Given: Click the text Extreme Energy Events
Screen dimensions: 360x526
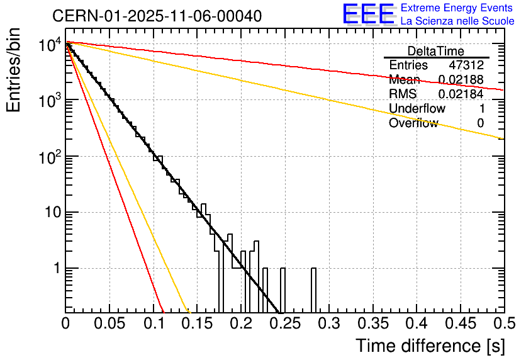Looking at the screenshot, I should tap(457, 8).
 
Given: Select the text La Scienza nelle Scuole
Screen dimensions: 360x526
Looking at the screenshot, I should tap(457, 21).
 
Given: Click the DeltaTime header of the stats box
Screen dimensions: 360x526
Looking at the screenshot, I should tap(436, 51).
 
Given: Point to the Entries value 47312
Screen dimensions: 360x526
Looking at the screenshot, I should tap(466, 65).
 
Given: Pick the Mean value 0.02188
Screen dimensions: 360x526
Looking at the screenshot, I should tap(461, 80).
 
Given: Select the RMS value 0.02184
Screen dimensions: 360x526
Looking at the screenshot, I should tap(461, 94).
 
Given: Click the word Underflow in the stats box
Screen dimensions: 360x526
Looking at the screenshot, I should tap(417, 109).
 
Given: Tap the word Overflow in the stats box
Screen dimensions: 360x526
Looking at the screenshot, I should tap(413, 123).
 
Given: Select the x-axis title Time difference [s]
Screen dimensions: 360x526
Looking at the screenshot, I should tap(430, 346).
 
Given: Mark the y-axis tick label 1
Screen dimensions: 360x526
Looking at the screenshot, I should tap(55, 268).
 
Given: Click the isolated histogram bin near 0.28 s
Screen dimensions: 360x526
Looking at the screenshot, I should tap(313, 290).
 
